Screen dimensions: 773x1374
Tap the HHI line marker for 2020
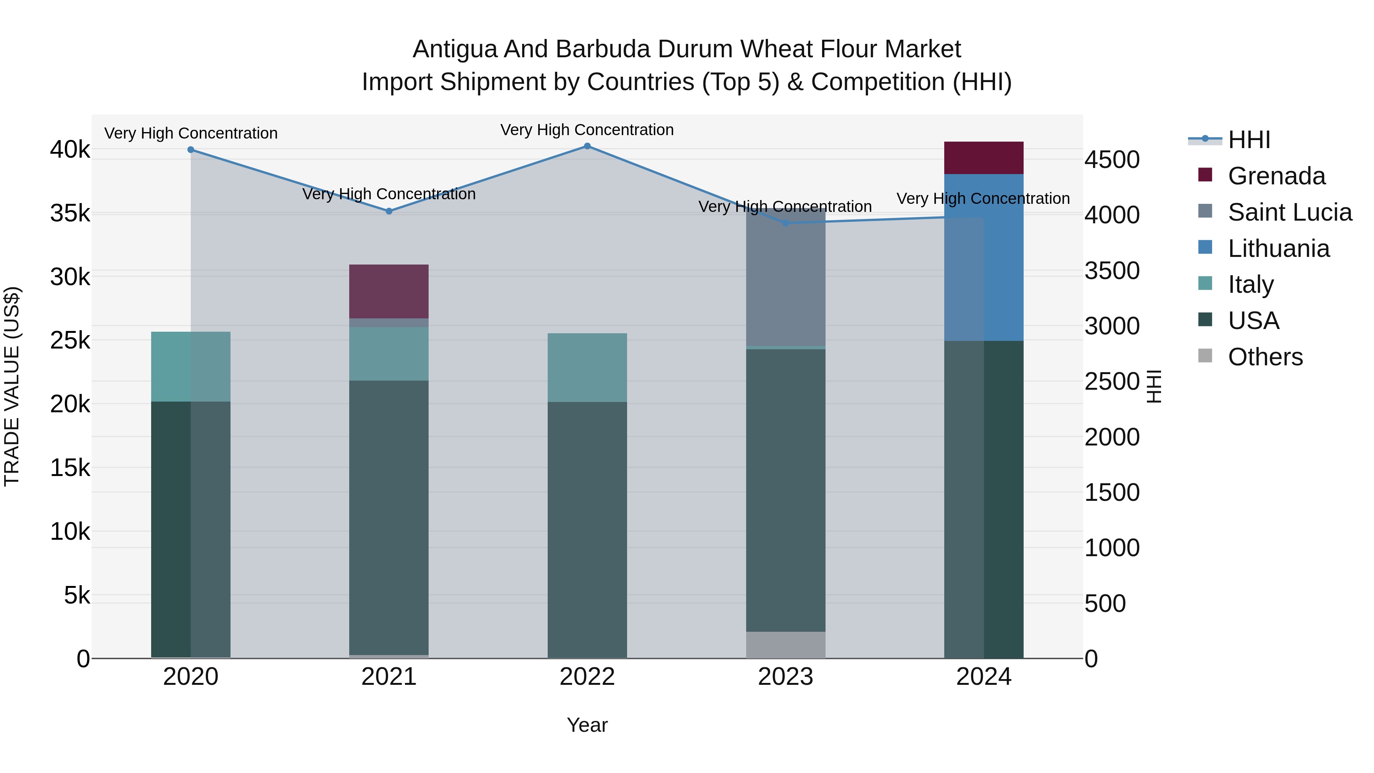click(x=190, y=150)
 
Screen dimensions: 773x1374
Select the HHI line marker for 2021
click(x=389, y=211)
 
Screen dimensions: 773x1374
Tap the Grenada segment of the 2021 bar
click(x=389, y=291)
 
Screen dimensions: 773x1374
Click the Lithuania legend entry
click(x=1279, y=249)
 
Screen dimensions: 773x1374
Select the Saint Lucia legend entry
click(x=1290, y=212)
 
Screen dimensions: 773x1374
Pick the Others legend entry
click(x=1265, y=357)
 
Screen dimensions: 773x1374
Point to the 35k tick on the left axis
click(x=70, y=213)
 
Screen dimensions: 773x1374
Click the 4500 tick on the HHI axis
click(x=1112, y=160)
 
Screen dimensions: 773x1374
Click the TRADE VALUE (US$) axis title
click(x=12, y=386)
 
